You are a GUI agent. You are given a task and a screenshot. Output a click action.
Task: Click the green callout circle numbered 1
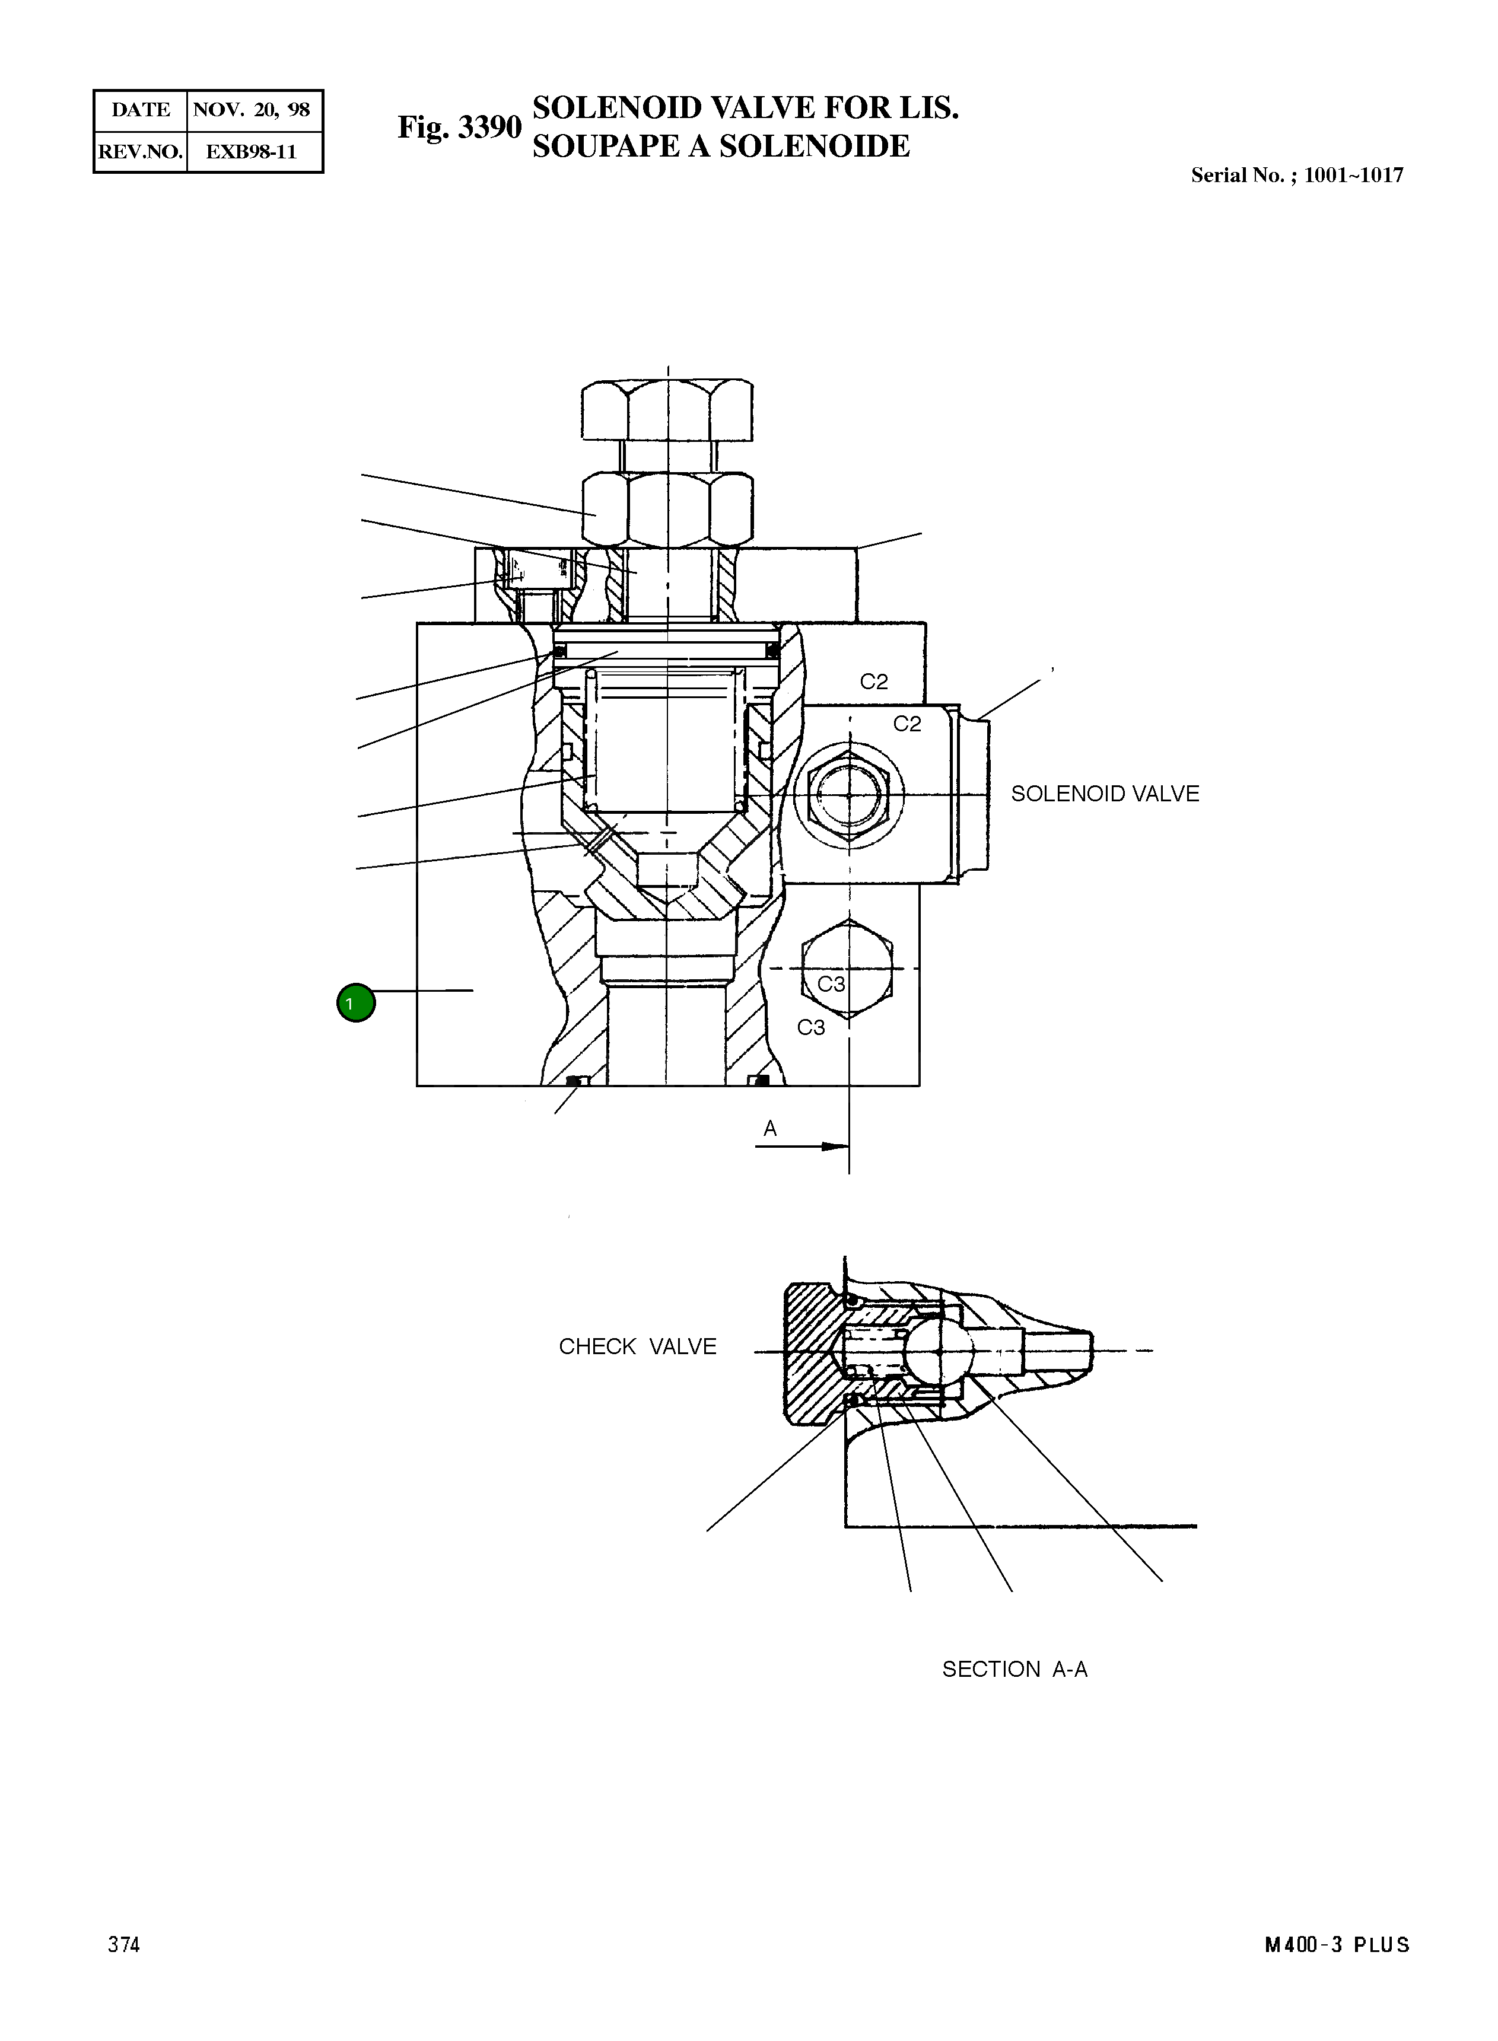pyautogui.click(x=355, y=1003)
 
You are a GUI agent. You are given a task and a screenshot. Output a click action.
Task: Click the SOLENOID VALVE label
pyautogui.click(x=1105, y=794)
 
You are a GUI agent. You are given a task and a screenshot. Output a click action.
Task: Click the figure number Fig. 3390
pyautogui.click(x=459, y=128)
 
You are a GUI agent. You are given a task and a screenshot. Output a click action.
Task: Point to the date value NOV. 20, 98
pyautogui.click(x=252, y=110)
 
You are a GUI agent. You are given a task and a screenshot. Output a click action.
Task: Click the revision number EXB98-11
pyautogui.click(x=252, y=151)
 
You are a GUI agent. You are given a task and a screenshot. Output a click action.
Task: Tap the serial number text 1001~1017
pyautogui.click(x=1352, y=176)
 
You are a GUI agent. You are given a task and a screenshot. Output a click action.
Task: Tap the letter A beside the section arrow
pyautogui.click(x=770, y=1129)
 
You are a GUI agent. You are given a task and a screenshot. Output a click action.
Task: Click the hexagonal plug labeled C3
pyautogui.click(x=848, y=969)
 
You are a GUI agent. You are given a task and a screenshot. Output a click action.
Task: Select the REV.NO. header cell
pyautogui.click(x=141, y=151)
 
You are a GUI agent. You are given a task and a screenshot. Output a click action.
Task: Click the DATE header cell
pyautogui.click(x=141, y=110)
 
